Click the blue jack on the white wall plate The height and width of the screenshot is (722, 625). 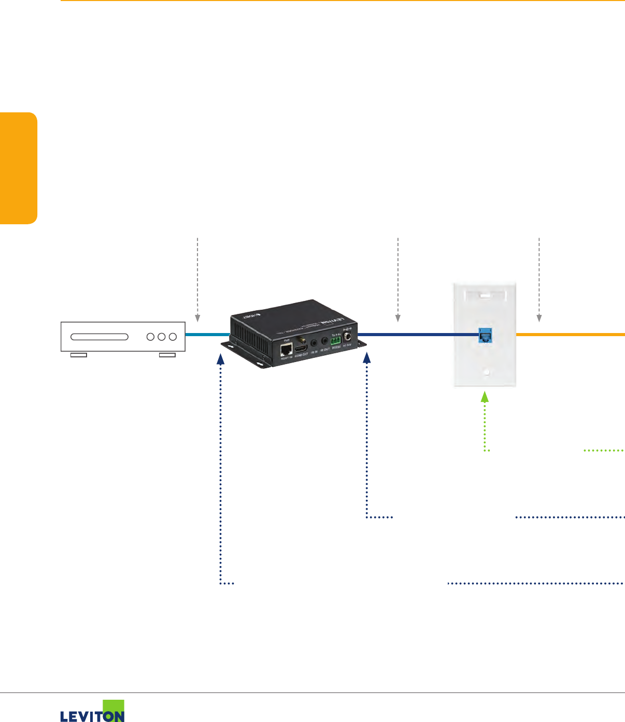[485, 336]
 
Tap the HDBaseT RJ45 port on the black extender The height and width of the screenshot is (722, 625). [286, 350]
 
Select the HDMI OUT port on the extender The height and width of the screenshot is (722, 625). [301, 346]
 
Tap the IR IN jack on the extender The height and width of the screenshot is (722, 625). [314, 343]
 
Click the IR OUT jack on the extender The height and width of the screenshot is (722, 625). [325, 341]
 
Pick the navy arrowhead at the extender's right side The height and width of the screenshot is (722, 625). [367, 357]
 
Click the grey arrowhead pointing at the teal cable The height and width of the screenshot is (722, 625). [197, 319]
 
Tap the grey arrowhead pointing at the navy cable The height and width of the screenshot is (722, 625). [397, 319]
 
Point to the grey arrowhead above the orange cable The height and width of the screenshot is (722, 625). [539, 319]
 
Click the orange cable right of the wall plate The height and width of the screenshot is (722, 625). [570, 335]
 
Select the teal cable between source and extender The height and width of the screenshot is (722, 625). [207, 335]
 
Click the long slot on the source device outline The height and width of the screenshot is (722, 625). [99, 337]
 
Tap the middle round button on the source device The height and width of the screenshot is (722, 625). [162, 337]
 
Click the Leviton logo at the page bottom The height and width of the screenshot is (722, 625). [93, 712]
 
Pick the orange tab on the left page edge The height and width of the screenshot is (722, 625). [19, 168]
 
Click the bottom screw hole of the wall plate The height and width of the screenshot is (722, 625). [485, 372]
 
